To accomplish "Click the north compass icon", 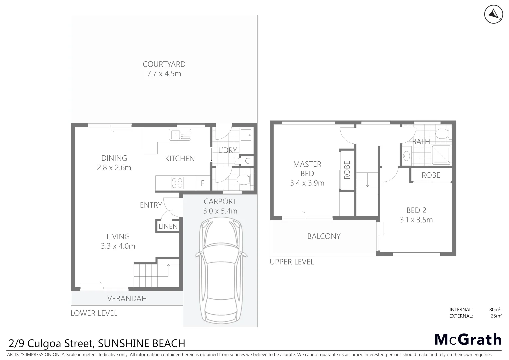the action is point(493,14).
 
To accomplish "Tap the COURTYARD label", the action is point(164,64).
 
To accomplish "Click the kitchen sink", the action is point(180,135).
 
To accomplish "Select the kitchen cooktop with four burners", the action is point(177,183).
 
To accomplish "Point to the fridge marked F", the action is point(203,183).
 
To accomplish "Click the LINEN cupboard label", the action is point(168,226).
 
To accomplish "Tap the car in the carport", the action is point(221,270).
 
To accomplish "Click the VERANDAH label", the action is point(127,298).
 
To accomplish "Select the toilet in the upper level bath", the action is point(443,133).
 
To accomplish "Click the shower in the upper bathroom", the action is point(441,155).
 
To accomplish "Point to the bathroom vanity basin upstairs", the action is point(406,156).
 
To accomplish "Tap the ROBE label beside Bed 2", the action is point(431,175).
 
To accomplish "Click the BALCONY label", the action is point(324,236).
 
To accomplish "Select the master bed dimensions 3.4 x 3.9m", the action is point(307,183).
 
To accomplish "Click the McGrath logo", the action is point(468,340).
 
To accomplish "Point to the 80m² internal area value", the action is point(494,309).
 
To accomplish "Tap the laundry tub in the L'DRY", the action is point(246,135).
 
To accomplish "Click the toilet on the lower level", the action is point(244,180).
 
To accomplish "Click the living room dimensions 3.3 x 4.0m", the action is point(118,246).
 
